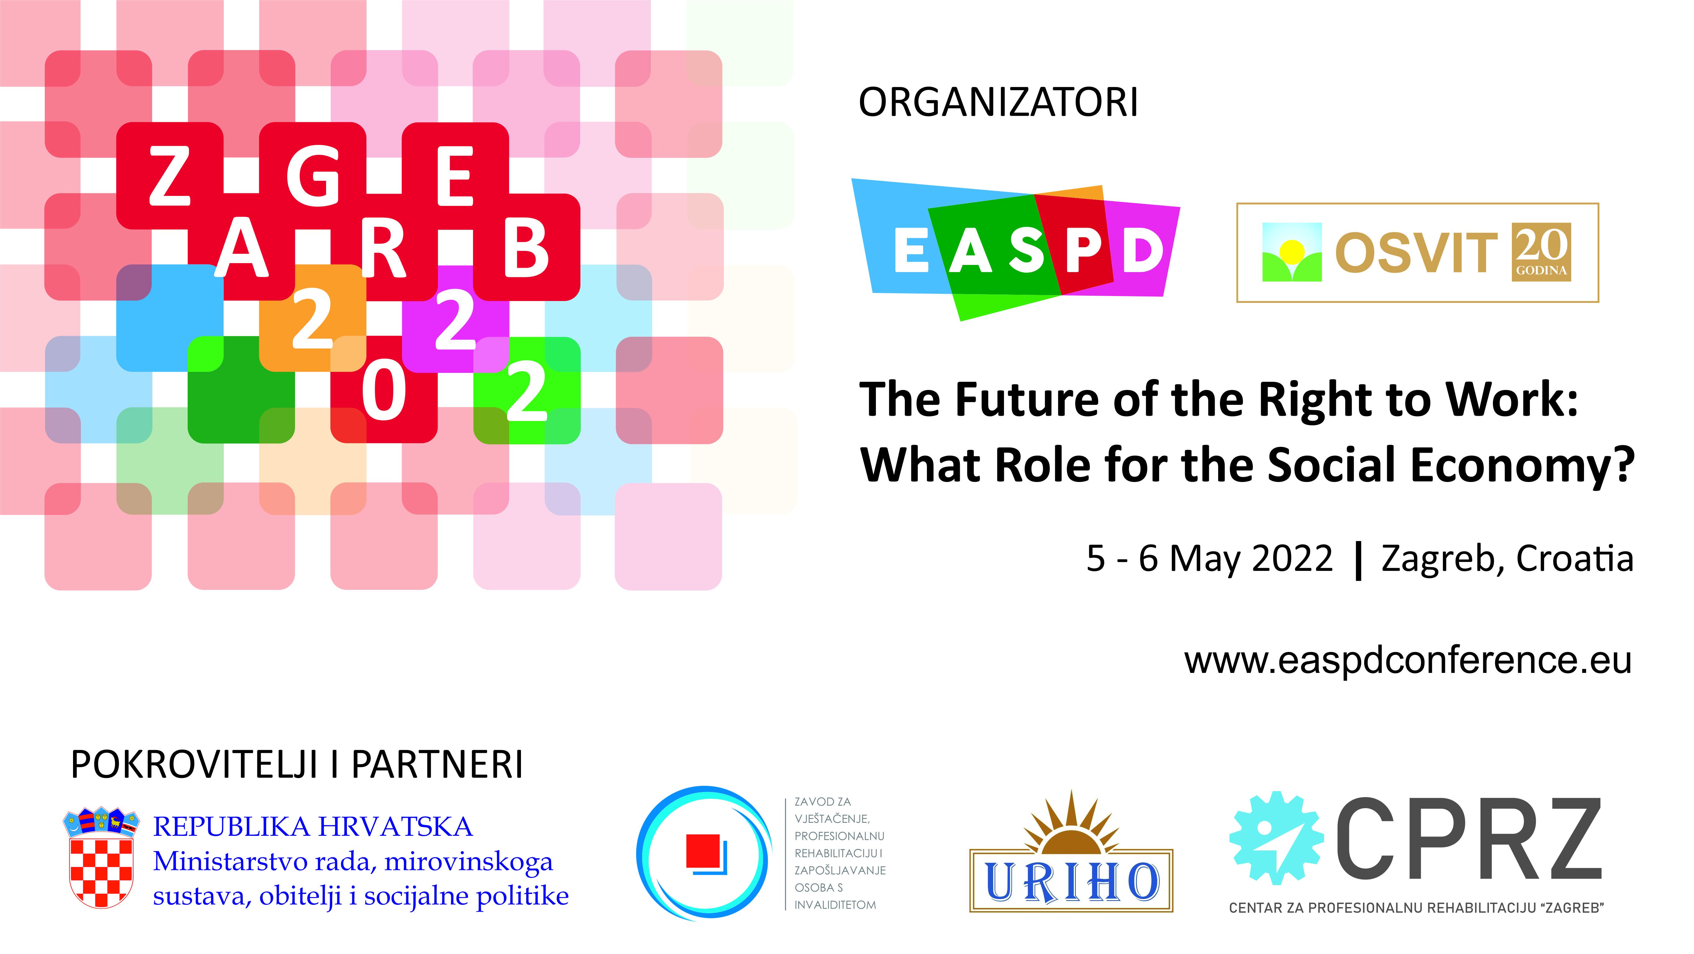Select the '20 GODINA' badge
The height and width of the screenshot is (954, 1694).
(1541, 252)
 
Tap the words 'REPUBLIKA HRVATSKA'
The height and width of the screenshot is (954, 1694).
(313, 827)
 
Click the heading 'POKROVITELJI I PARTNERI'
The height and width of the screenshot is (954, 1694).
(297, 765)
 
